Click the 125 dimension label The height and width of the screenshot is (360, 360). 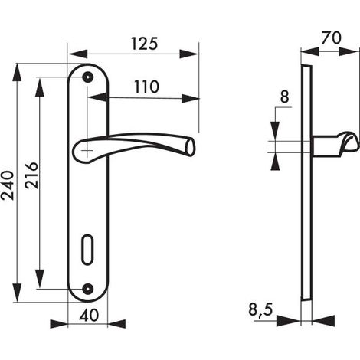(x=145, y=44)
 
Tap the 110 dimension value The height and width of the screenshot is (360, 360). (x=146, y=87)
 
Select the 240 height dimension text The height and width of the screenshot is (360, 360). (x=8, y=185)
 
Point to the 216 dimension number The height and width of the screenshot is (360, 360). (x=31, y=175)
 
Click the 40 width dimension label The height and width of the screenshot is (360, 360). (x=89, y=315)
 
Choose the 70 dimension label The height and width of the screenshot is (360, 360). (x=331, y=38)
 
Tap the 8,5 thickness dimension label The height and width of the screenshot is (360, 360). (x=260, y=310)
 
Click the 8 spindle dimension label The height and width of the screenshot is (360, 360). (x=285, y=97)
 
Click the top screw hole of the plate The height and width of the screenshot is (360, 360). (x=88, y=77)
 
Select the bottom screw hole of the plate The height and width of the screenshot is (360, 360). (x=88, y=289)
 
